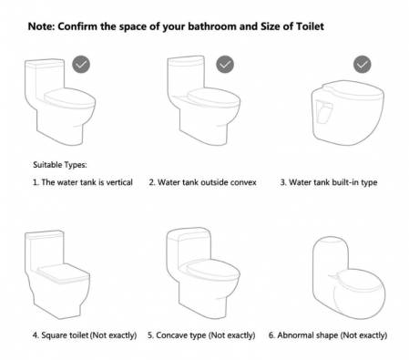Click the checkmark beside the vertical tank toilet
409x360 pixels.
pos(81,65)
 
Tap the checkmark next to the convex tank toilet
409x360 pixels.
pos(225,65)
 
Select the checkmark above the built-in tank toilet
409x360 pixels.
pos(363,65)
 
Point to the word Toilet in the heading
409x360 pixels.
pos(310,26)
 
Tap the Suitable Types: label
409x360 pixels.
pos(60,165)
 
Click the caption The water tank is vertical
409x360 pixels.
pos(83,182)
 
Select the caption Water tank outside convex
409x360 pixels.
pos(202,182)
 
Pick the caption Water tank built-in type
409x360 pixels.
pos(329,182)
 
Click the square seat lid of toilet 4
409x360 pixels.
pos(63,273)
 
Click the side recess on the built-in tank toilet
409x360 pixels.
pos(324,111)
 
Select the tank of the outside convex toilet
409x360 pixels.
pos(186,76)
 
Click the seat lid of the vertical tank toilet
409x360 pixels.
pos(70,98)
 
